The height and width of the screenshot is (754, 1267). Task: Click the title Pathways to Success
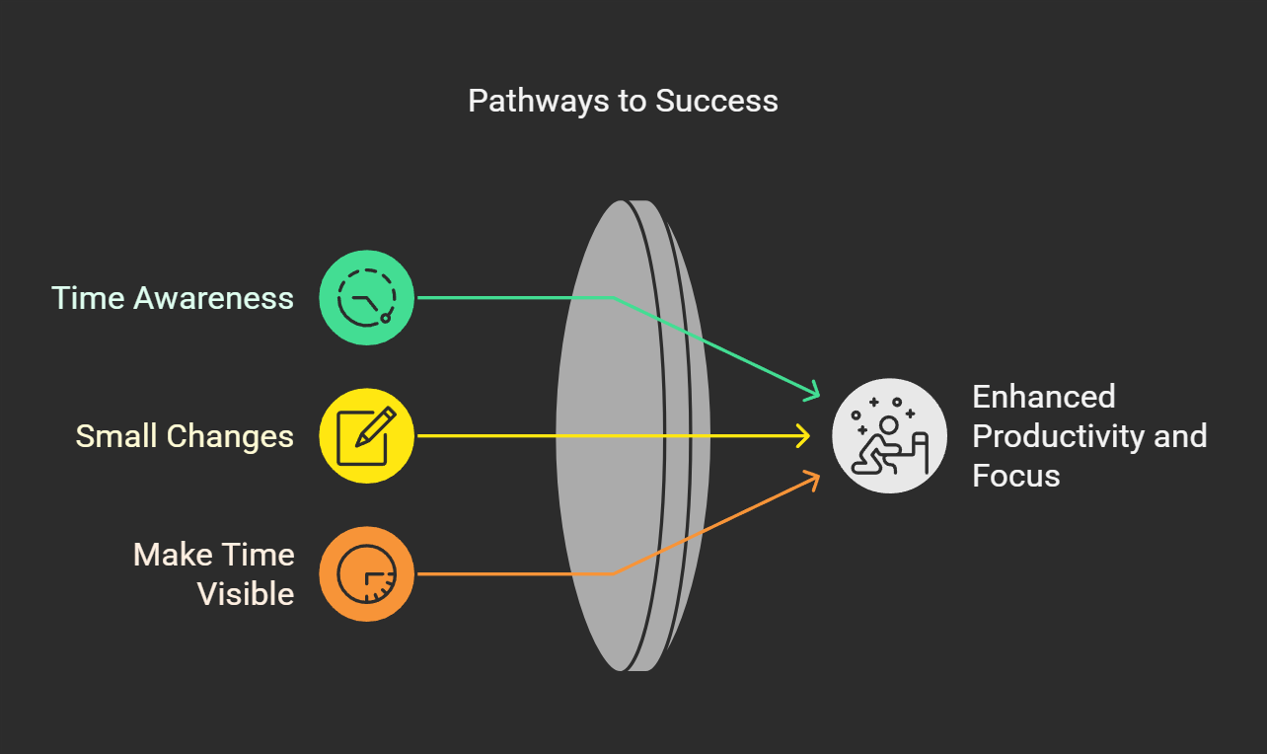coord(623,101)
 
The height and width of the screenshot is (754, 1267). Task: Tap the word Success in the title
coord(717,101)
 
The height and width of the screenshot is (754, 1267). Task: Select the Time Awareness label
coord(173,298)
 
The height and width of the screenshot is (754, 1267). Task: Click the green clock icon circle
coord(366,298)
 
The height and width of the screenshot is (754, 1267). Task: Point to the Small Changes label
coord(185,436)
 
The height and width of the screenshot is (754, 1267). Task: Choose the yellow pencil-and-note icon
coord(366,436)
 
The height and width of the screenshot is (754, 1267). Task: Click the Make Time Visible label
coord(214,574)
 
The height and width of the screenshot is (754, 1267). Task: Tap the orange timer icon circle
coord(366,574)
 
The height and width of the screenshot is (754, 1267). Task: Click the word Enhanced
coord(1044,397)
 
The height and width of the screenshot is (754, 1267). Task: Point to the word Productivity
coord(1061,436)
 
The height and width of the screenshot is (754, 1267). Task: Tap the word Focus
coord(1016,476)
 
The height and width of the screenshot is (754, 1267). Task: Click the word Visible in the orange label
coord(246,594)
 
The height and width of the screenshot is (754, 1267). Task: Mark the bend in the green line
coord(614,297)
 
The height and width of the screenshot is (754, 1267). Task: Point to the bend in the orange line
coord(614,573)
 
